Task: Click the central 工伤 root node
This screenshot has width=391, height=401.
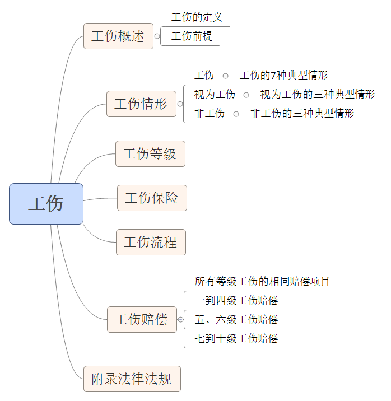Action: click(46, 204)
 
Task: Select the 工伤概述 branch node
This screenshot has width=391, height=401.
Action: click(118, 36)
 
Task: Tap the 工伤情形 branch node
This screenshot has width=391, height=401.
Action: click(141, 104)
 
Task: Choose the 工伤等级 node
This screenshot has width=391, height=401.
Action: click(150, 154)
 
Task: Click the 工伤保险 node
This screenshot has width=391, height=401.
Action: click(152, 198)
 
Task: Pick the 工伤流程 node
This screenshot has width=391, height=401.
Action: click(151, 242)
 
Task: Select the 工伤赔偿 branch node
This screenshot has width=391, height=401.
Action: click(142, 319)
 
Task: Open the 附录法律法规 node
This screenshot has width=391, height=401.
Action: click(132, 379)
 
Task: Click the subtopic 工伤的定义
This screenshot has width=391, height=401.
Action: click(197, 17)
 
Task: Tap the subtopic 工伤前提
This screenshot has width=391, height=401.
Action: click(192, 36)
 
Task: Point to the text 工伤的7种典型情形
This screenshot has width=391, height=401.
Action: click(283, 76)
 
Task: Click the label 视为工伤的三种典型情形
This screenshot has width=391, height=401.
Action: click(317, 94)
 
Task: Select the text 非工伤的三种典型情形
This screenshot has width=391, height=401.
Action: click(302, 113)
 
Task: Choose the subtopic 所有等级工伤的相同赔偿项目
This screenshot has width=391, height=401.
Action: click(262, 281)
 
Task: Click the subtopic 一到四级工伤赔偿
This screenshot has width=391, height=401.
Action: click(236, 300)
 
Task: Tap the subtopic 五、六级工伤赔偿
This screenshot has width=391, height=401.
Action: click(236, 319)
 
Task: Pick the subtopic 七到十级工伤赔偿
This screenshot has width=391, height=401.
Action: click(236, 338)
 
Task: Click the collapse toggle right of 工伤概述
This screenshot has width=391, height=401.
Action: click(157, 36)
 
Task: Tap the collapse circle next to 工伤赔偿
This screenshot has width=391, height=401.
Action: click(180, 319)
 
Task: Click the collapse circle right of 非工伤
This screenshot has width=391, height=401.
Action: click(236, 114)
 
